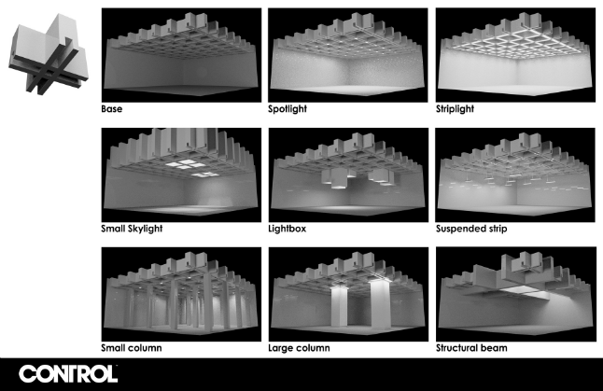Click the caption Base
pos(113,109)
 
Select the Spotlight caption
pos(289,109)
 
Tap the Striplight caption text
pos(456,109)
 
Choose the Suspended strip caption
pos(470,228)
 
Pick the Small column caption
pos(132,347)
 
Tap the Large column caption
pos(297,347)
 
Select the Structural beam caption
pos(471,347)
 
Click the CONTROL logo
pos(68,373)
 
